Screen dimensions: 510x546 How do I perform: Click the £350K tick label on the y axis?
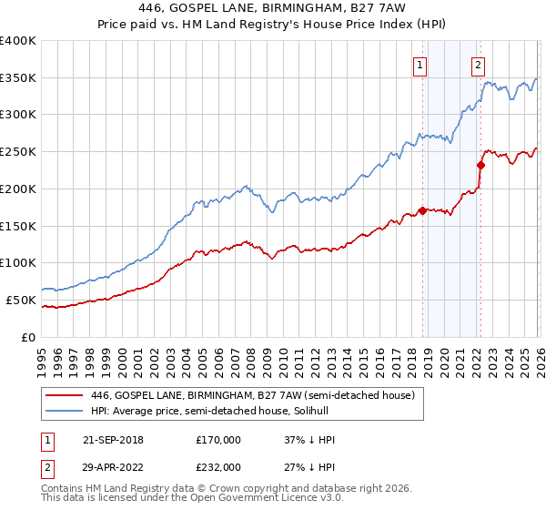[x=18, y=78]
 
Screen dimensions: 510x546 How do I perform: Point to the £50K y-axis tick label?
[x=21, y=300]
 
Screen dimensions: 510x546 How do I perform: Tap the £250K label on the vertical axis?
[x=18, y=152]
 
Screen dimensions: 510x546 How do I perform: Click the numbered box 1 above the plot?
[x=420, y=65]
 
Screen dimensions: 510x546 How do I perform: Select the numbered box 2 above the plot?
[x=479, y=65]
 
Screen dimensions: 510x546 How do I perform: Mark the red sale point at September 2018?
[x=422, y=211]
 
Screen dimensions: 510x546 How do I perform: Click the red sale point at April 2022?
[x=480, y=166]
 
